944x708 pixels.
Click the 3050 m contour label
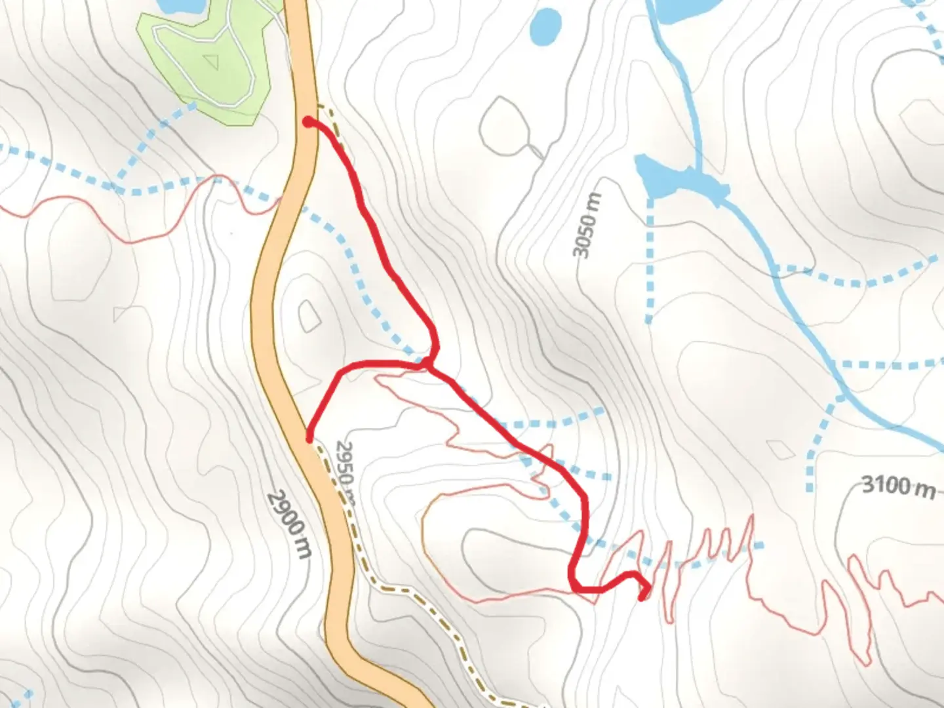[586, 226]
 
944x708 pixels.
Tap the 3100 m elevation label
[897, 486]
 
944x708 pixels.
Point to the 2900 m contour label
[289, 524]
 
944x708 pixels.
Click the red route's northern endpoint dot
[307, 121]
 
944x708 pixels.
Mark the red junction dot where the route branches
[427, 363]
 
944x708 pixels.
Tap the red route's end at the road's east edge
[309, 437]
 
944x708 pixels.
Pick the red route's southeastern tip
[642, 597]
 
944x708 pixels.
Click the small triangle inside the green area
[210, 62]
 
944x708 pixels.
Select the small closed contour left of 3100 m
[779, 450]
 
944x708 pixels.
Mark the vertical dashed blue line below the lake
[650, 262]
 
